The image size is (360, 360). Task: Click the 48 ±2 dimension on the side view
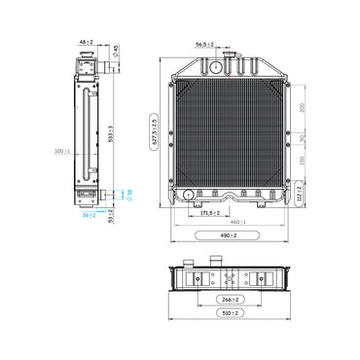(85, 43)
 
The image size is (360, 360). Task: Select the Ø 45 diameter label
(116, 50)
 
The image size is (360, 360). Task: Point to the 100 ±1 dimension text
(63, 151)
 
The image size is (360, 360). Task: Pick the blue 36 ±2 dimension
(88, 215)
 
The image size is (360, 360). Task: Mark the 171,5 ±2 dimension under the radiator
(208, 210)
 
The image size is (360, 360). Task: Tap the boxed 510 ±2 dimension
(232, 314)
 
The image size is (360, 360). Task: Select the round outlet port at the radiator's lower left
(185, 196)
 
